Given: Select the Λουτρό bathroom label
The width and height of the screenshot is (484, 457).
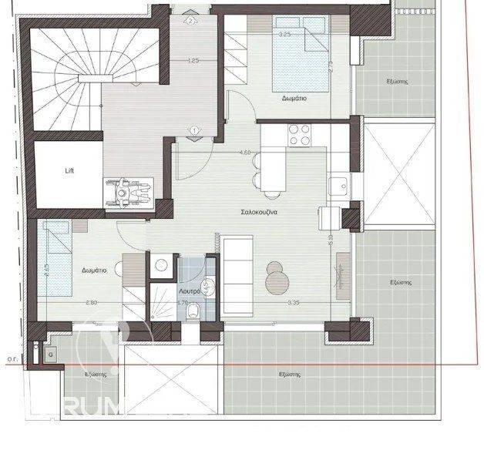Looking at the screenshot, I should pyautogui.click(x=190, y=293).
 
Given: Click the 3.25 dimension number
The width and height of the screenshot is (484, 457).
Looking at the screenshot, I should pyautogui.click(x=284, y=34).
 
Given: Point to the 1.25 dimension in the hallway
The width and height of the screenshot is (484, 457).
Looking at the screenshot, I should pyautogui.click(x=193, y=60).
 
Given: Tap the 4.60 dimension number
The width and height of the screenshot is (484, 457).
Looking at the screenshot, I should pyautogui.click(x=245, y=153).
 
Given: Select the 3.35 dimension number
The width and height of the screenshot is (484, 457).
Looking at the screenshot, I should pyautogui.click(x=293, y=304).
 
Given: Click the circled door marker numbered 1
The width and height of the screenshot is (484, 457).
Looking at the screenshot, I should pyautogui.click(x=194, y=129).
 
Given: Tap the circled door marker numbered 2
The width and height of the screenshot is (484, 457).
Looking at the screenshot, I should pyautogui.click(x=190, y=22).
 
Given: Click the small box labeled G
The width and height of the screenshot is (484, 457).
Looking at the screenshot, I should pyautogui.click(x=50, y=354).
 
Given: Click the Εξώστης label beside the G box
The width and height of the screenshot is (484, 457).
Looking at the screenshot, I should pyautogui.click(x=96, y=373).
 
